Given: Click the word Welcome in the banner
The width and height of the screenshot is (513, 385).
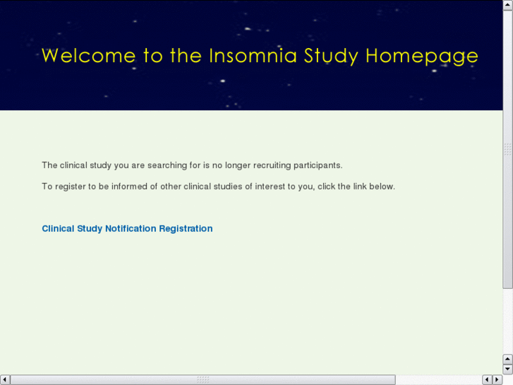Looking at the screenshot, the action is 89,55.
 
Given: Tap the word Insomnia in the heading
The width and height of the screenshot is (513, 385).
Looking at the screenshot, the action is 253,55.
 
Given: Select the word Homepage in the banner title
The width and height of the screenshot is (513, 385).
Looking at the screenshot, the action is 422,57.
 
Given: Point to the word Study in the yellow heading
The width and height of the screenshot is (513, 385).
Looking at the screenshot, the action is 331,57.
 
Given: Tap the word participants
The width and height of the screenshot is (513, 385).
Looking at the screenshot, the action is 318,165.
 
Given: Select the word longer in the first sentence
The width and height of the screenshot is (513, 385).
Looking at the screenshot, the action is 238,165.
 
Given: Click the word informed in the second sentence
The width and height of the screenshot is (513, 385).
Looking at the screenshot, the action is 129,186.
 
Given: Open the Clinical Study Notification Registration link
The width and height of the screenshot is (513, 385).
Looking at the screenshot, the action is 127,229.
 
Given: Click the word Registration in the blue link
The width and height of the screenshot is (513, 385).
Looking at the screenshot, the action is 186,229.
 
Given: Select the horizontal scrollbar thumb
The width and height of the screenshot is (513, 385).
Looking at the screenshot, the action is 203,380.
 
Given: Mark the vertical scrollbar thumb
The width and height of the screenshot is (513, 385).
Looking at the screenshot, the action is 507,149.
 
